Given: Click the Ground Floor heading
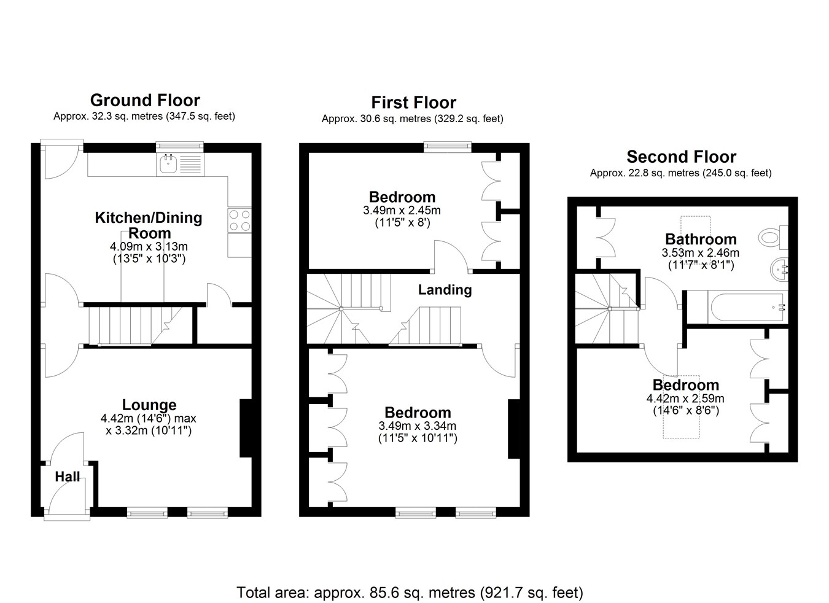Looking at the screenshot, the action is click(145, 100).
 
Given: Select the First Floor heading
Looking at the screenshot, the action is click(413, 103).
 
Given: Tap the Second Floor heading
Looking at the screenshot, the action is click(681, 157).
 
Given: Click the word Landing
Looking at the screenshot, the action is click(445, 290).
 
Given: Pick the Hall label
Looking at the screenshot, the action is click(68, 477).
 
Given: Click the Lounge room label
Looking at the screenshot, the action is click(149, 405).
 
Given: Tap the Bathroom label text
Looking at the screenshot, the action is click(701, 239).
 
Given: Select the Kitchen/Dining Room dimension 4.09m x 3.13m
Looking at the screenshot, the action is click(149, 246).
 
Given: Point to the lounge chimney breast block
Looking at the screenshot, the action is click(246, 427).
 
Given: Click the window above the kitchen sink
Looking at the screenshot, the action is click(179, 147).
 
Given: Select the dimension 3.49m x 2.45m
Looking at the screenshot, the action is click(402, 211).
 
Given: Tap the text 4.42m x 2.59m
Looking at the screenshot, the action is click(685, 399).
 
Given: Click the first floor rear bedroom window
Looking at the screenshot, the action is click(448, 147).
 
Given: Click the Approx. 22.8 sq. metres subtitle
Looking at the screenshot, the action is click(680, 173).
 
